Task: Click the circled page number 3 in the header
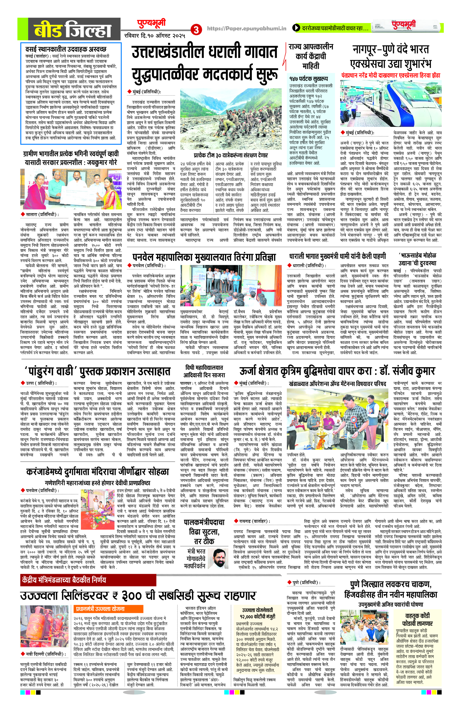(196, 30)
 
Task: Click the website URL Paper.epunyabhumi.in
(247, 29)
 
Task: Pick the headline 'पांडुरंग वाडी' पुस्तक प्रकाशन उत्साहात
(98, 371)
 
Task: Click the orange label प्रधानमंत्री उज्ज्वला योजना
(100, 598)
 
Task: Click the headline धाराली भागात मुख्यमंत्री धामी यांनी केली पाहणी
(338, 256)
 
